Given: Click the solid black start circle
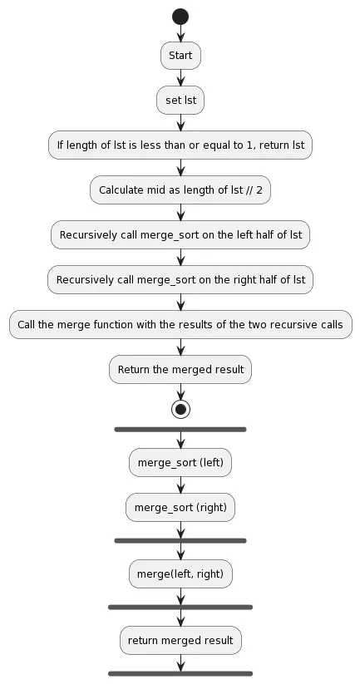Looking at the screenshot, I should tap(180, 16).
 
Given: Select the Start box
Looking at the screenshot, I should tap(180, 56).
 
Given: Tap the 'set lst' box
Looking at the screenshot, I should tap(180, 101).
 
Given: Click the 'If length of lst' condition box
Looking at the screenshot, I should tap(180, 145).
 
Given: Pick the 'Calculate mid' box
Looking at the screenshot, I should tap(180, 190).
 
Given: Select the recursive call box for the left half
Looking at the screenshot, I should tap(180, 235).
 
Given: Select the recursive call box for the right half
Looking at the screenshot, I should tap(180, 280).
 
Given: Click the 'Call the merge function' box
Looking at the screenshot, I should tap(180, 325).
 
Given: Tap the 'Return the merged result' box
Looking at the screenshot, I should tap(180, 370).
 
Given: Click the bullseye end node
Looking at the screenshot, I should tap(180, 409).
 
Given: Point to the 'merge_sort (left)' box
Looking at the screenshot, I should tap(180, 463).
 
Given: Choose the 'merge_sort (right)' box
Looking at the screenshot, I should tap(180, 507).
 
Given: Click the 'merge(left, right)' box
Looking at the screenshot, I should tap(180, 573).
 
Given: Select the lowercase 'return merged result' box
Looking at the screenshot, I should tap(180, 640).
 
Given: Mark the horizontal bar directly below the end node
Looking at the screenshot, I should tap(180, 430).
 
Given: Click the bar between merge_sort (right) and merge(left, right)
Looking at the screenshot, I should tap(180, 540).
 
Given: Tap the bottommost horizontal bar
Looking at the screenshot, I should tap(180, 673).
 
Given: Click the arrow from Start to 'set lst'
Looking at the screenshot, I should tap(180, 78).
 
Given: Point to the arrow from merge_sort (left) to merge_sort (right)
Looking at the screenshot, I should tap(180, 485).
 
